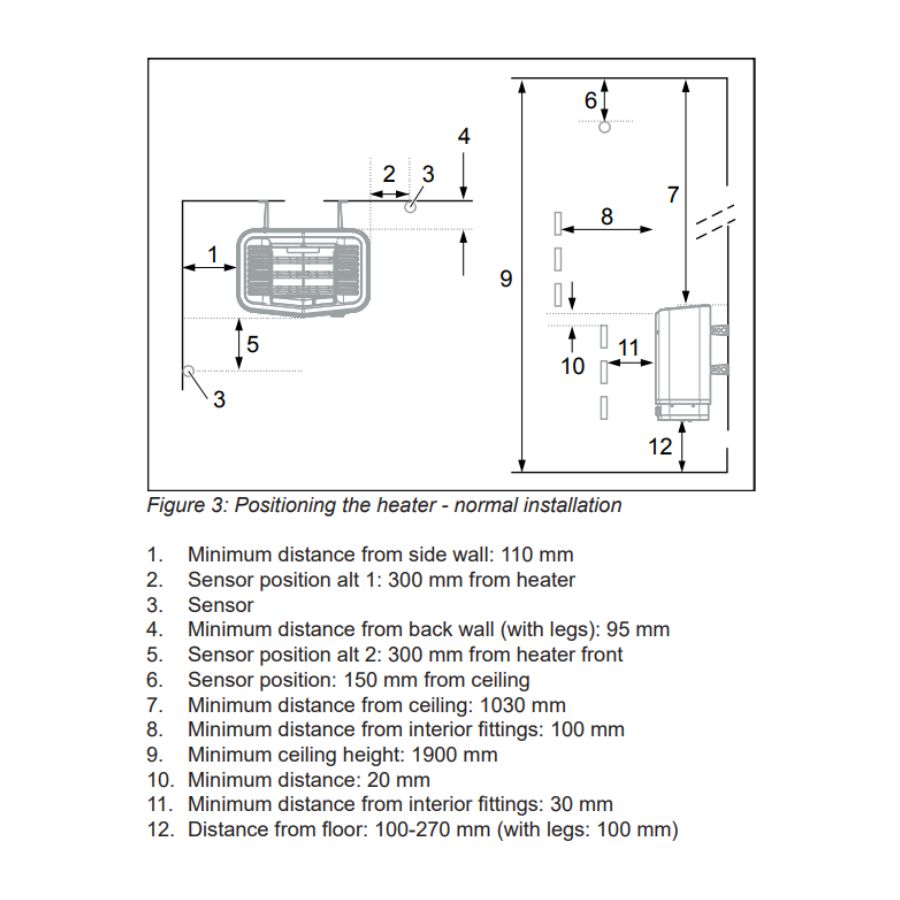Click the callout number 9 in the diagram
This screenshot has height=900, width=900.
click(x=506, y=278)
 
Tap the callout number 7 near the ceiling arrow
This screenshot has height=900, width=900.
click(x=673, y=195)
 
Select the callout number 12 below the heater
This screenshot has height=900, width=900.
click(x=660, y=447)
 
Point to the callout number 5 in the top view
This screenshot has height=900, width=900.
click(x=253, y=345)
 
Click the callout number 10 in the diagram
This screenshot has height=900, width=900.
click(x=572, y=367)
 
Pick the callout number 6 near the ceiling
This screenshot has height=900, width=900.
click(x=590, y=100)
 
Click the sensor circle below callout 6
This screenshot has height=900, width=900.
click(x=604, y=128)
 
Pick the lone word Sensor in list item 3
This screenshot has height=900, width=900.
click(x=220, y=605)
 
